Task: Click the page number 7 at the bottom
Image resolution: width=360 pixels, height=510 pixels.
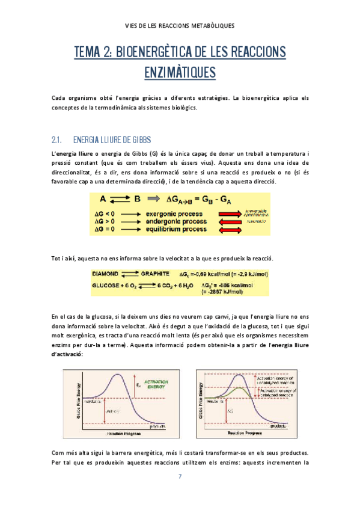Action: (x=180, y=477)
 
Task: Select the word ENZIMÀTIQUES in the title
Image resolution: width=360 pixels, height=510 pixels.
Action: (x=180, y=72)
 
